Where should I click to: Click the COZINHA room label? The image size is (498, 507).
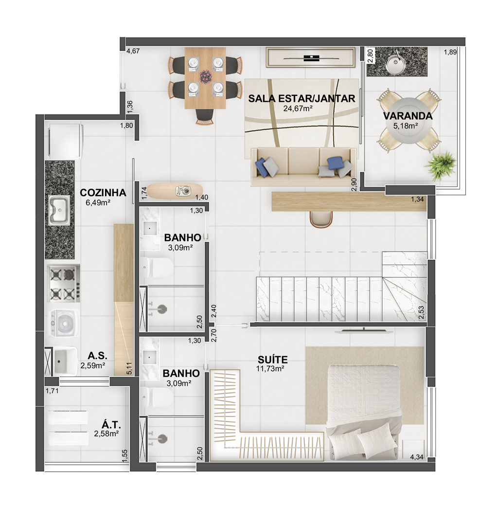click(x=103, y=193)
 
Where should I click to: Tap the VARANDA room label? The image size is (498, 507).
click(x=408, y=116)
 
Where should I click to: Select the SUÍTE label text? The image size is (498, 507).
click(x=272, y=360)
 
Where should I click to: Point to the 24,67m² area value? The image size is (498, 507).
click(x=298, y=109)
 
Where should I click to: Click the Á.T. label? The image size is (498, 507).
click(x=111, y=425)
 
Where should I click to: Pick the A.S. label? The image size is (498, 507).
click(x=97, y=356)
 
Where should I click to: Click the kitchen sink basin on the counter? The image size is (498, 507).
click(x=59, y=210)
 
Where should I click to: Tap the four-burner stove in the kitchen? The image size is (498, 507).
click(x=63, y=284)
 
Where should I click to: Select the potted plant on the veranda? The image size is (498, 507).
click(x=440, y=165)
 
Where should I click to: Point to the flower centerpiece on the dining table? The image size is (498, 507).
click(x=205, y=77)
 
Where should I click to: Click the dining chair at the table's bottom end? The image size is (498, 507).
click(x=205, y=117)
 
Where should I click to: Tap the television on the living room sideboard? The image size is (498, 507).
click(x=311, y=58)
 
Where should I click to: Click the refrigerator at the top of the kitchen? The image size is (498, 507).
click(x=66, y=141)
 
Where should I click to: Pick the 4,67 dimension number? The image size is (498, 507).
click(x=133, y=51)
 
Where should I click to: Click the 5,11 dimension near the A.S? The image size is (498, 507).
click(x=129, y=368)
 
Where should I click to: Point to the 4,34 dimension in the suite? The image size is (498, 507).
click(x=417, y=457)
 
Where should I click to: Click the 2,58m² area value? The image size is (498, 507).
click(x=107, y=434)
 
